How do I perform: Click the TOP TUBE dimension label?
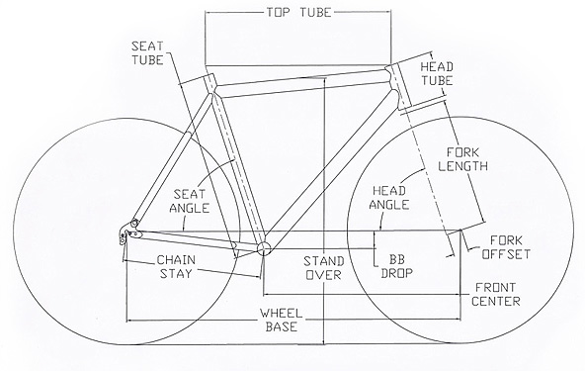298,13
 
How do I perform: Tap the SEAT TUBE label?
148,53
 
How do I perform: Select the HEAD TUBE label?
437,74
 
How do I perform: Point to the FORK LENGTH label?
463,159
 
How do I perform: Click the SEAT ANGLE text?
190,201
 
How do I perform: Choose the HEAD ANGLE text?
389,198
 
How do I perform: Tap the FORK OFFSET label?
506,247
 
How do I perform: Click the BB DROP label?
396,266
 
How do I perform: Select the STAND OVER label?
324,268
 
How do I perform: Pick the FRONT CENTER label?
496,294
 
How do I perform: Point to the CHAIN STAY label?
176,266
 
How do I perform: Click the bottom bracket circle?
264,247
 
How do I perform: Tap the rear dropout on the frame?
129,231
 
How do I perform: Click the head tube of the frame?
398,87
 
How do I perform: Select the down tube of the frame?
327,169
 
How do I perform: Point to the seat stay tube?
173,157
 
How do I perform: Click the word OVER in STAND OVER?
324,275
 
